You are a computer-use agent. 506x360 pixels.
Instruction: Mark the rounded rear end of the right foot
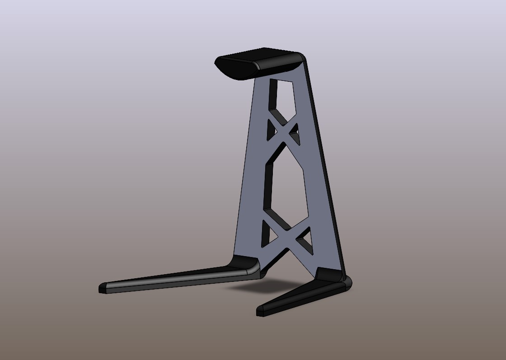click(348, 283)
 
